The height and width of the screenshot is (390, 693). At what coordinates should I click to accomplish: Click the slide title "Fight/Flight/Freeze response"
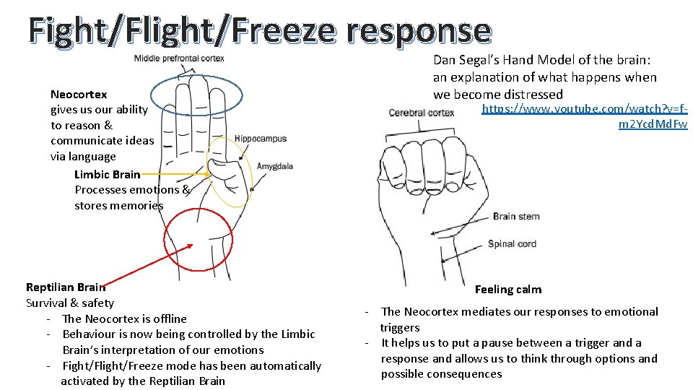[x=260, y=30]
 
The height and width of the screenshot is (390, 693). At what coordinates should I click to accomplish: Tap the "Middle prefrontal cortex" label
[x=179, y=58]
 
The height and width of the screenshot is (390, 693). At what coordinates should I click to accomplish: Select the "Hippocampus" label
[x=261, y=139]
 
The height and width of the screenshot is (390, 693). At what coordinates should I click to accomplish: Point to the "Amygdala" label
[x=274, y=166]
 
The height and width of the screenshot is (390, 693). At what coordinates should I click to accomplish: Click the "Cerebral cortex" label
[x=422, y=113]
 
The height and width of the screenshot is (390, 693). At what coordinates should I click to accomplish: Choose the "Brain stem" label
[x=516, y=216]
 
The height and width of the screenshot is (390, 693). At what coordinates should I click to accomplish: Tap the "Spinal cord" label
[x=512, y=244]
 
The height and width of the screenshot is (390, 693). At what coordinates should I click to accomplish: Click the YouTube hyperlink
[x=585, y=116]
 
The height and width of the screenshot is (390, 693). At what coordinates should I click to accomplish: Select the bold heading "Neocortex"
[x=79, y=94]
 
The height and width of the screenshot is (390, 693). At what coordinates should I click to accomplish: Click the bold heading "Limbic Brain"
[x=107, y=174]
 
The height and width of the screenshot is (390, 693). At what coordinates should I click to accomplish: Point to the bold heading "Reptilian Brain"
[x=66, y=287]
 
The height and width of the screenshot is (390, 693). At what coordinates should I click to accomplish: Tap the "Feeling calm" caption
[x=508, y=290]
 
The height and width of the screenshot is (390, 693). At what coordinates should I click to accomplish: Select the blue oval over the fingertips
[x=192, y=94]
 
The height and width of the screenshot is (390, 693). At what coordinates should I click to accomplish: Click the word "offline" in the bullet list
[x=165, y=318]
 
